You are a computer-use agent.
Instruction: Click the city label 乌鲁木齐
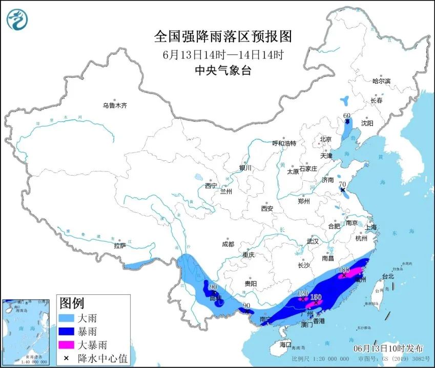pyautogui.click(x=114, y=105)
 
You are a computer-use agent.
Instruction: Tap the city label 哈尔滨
pyautogui.click(x=381, y=81)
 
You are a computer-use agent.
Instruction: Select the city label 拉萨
pyautogui.click(x=120, y=245)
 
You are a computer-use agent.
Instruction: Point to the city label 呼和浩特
pyautogui.click(x=284, y=143)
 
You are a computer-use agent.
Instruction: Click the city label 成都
pyautogui.click(x=227, y=244)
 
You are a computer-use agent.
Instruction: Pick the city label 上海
pyautogui.click(x=371, y=227)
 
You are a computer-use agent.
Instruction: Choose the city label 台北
pyautogui.click(x=388, y=276)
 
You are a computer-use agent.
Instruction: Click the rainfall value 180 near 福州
pyautogui.click(x=344, y=269)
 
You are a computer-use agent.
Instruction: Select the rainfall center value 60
pyautogui.click(x=347, y=116)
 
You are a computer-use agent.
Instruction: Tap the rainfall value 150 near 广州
pyautogui.click(x=316, y=297)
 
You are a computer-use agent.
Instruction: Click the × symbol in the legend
pyautogui.click(x=66, y=358)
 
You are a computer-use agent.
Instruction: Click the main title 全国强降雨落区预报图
pyautogui.click(x=223, y=36)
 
